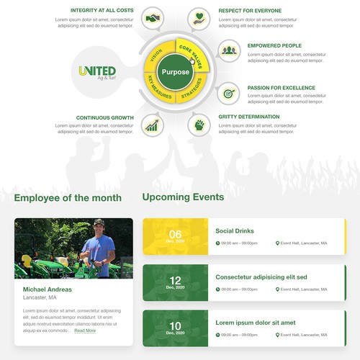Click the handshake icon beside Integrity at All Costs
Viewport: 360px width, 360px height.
(x=152, y=17)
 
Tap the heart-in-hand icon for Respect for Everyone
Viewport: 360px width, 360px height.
(x=199, y=17)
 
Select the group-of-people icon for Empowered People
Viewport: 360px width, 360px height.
(x=229, y=50)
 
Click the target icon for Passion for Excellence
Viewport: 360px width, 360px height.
(x=229, y=93)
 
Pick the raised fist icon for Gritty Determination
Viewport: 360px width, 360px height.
(x=199, y=125)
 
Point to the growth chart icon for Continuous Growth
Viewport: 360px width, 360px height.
(x=152, y=125)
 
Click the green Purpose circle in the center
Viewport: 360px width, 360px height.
(x=176, y=72)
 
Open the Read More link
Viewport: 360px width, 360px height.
(x=85, y=330)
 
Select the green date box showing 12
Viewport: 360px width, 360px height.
(x=175, y=282)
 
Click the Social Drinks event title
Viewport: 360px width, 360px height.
(x=235, y=231)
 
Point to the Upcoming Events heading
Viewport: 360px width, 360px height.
(x=183, y=197)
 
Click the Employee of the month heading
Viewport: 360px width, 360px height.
(x=68, y=198)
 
